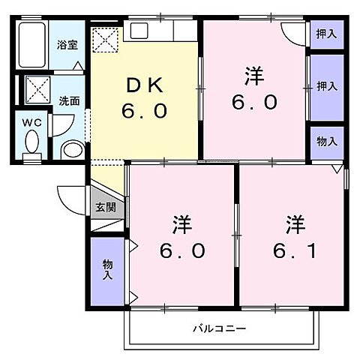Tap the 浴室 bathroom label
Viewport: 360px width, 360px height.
click(68, 44)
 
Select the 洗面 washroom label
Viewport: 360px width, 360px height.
click(69, 100)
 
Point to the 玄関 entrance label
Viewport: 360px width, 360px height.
click(106, 207)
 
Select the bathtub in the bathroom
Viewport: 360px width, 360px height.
click(31, 46)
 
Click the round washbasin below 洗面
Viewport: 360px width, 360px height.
click(72, 149)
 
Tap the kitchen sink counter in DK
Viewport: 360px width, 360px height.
click(161, 31)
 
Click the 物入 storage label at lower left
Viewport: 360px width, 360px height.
click(106, 269)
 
